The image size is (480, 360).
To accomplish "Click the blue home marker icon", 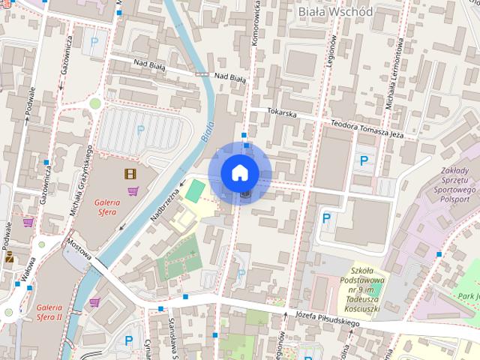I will click(240, 172).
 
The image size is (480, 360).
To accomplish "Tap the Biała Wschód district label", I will click(334, 11).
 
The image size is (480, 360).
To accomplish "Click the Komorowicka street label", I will click(255, 22).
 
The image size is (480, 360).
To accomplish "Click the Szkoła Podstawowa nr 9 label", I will click(367, 289).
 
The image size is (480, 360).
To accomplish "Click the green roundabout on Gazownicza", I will click(95, 104).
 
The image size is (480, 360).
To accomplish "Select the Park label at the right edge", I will click(469, 296).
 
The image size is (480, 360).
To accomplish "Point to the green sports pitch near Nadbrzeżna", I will click(195, 190).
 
